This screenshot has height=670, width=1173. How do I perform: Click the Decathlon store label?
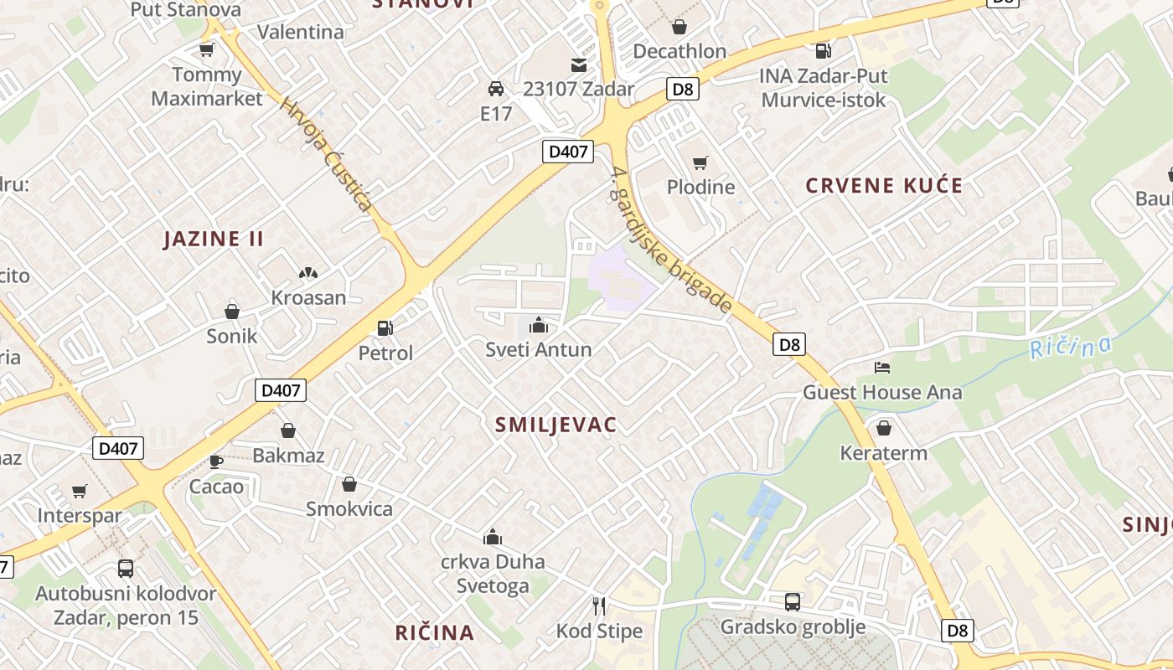(680, 51)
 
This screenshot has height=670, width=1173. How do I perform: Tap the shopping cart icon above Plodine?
(700, 162)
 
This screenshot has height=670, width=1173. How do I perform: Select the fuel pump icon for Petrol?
(385, 329)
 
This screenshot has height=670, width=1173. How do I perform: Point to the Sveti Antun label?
(539, 349)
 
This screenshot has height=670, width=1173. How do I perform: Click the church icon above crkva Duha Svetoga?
(493, 537)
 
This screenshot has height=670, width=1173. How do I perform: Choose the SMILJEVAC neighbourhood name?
(555, 425)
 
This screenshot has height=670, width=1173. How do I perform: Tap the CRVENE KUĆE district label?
(884, 186)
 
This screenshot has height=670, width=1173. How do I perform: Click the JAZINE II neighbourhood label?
(214, 239)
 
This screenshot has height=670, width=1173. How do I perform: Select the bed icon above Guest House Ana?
(882, 368)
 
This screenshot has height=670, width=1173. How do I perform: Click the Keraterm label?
(884, 453)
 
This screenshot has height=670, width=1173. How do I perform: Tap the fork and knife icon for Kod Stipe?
(599, 606)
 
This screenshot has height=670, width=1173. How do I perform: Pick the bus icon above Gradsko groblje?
(792, 601)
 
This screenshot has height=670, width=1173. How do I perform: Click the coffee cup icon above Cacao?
(216, 461)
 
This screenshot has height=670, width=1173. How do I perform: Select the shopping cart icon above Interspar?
(80, 492)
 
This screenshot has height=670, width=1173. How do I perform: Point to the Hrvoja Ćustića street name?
(327, 153)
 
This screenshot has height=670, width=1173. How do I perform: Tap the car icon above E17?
(496, 89)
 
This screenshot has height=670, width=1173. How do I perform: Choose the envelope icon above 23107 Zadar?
(578, 64)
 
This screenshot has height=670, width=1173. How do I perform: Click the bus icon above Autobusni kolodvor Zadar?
(126, 569)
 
